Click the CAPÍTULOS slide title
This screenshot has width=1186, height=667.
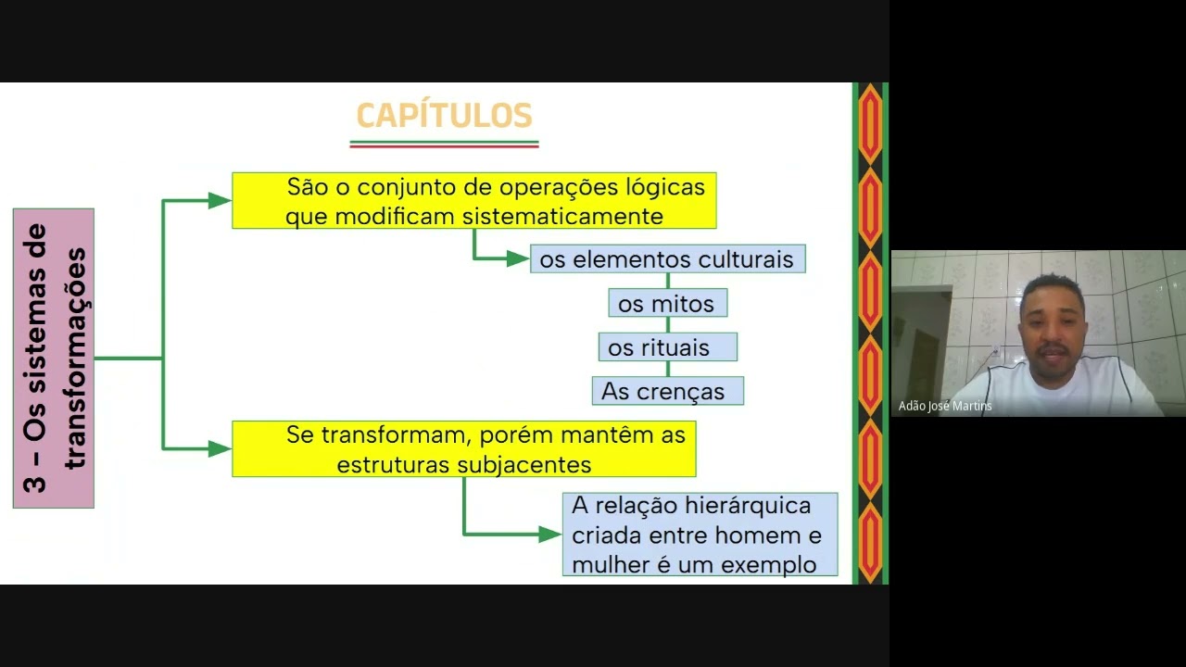pos(444,115)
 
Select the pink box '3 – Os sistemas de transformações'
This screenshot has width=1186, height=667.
pos(54,359)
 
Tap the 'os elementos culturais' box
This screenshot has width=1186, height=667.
pos(668,258)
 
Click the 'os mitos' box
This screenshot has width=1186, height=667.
pos(668,303)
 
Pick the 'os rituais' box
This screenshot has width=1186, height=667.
pos(668,346)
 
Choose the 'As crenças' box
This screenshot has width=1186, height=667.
pos(668,391)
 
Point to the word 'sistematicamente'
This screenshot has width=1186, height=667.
pos(562,216)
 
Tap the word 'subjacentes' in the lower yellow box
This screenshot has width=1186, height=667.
pos(524,465)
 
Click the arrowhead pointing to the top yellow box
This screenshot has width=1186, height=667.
pos(220,201)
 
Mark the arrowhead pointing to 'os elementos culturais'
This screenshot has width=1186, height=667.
pos(518,258)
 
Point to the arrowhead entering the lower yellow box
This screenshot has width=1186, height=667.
pos(220,449)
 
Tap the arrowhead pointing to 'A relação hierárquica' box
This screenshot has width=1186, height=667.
pos(550,535)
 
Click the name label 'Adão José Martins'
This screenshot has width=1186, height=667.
pos(945,406)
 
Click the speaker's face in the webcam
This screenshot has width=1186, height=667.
pos(1052,328)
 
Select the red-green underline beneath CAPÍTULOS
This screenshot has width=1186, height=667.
pos(444,144)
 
